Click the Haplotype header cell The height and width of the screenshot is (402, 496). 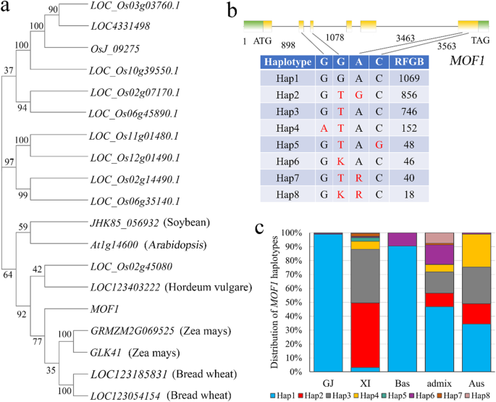(285, 62)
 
